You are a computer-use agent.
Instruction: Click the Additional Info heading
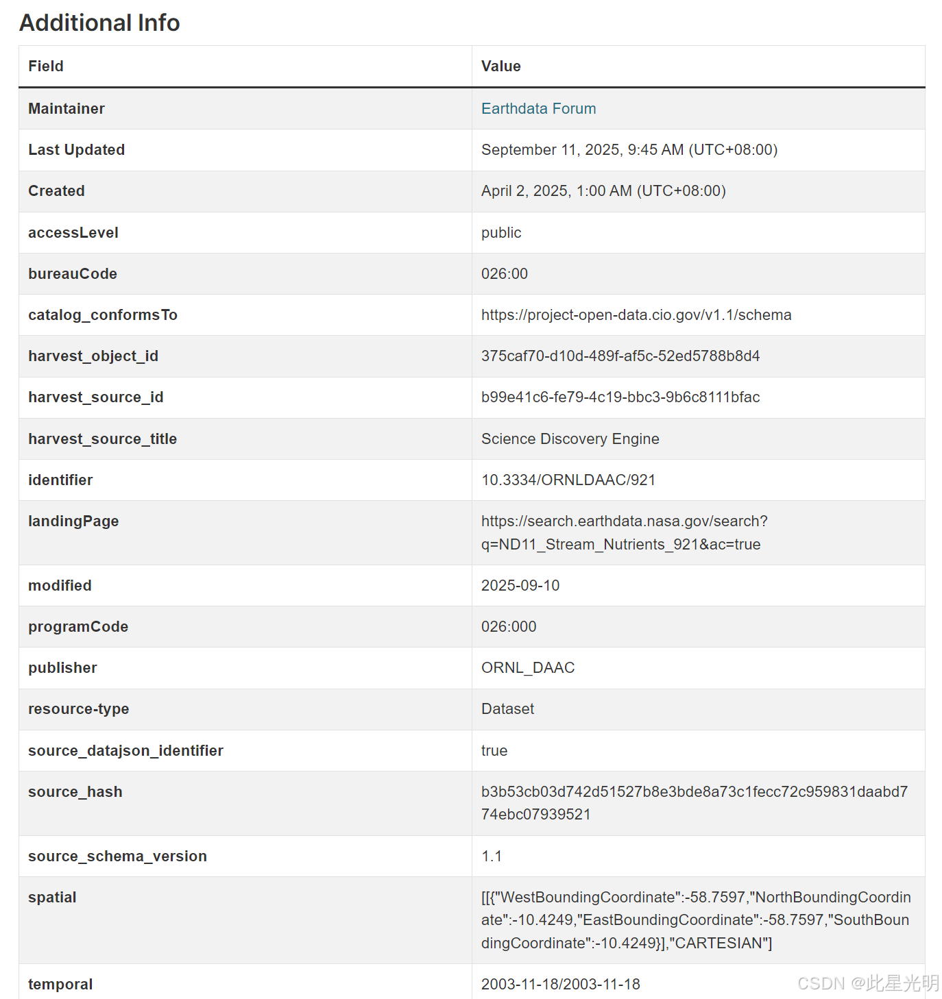click(99, 23)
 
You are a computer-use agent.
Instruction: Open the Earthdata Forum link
click(538, 108)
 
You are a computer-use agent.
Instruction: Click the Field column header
click(46, 66)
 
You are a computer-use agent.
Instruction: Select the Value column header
click(500, 66)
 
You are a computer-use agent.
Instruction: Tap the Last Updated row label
click(76, 149)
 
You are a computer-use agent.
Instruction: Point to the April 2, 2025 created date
click(603, 190)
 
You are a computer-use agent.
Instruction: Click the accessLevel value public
click(501, 233)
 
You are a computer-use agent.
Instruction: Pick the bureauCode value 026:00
click(505, 274)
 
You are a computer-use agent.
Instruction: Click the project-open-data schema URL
click(636, 315)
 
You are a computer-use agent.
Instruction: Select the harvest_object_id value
click(620, 356)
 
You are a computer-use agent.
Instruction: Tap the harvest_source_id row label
click(95, 397)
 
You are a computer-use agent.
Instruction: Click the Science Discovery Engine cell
click(570, 439)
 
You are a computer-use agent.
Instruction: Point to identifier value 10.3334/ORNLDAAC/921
click(568, 480)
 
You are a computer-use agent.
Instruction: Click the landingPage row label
click(73, 521)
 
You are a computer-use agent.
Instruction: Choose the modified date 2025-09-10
click(520, 586)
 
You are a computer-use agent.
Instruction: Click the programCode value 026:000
click(509, 627)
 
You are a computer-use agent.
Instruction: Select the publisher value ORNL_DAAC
click(527, 668)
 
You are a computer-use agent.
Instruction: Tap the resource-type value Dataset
click(507, 709)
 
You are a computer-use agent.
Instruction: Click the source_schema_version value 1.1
click(492, 856)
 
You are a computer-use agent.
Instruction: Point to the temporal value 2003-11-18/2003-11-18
click(560, 985)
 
